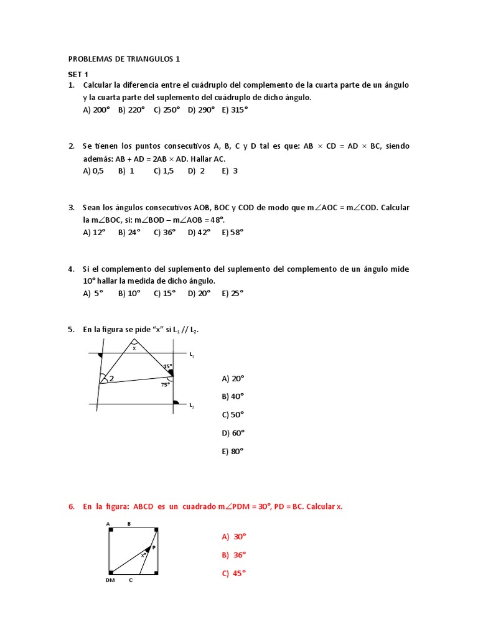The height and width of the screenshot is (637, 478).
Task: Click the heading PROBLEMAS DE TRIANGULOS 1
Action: (124, 59)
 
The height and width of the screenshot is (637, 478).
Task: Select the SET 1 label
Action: (78, 74)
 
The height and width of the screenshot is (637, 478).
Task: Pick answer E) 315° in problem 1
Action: (235, 109)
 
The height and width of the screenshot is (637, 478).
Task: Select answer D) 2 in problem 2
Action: (196, 170)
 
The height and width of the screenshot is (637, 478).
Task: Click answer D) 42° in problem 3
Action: (200, 231)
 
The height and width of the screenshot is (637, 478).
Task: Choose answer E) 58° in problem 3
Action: (232, 231)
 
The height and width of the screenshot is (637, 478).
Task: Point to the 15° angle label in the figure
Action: (167, 366)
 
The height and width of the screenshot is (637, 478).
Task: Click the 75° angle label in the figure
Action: (165, 384)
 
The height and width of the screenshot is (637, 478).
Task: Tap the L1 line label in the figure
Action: (192, 355)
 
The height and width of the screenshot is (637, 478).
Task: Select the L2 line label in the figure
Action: (192, 406)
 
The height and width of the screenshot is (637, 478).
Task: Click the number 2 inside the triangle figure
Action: (111, 378)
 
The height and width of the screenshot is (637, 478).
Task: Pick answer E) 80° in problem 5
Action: (232, 452)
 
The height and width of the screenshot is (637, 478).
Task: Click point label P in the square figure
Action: (153, 547)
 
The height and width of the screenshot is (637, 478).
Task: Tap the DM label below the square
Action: (110, 580)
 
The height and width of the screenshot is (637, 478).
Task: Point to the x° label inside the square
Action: (143, 555)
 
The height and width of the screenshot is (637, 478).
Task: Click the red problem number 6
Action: (72, 506)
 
